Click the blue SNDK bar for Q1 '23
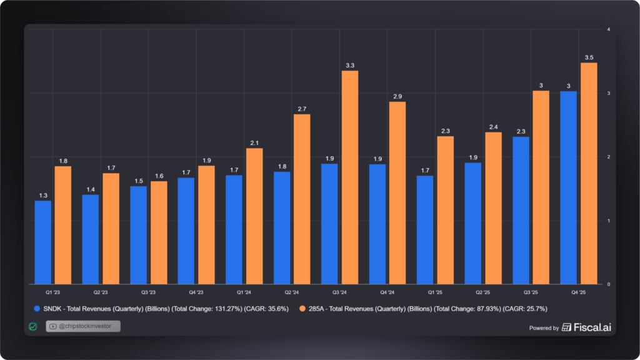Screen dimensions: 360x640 click(x=43, y=242)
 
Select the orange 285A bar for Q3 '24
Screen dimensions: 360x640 click(x=350, y=177)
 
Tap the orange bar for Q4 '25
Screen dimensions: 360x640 click(x=589, y=173)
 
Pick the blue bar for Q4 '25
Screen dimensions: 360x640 click(x=569, y=187)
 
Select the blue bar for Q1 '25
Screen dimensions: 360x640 click(x=425, y=229)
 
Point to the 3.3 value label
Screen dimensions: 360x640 click(x=350, y=65)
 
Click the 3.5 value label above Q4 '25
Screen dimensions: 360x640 click(x=589, y=57)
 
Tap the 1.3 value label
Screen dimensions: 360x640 click(x=43, y=196)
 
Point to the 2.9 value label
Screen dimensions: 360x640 click(x=397, y=96)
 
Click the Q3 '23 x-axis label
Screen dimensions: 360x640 click(x=148, y=292)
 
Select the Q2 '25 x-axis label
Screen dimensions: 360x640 click(x=482, y=292)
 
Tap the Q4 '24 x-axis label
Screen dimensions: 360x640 click(x=387, y=292)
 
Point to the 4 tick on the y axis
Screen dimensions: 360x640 click(x=608, y=29)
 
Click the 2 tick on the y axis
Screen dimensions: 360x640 click(x=608, y=157)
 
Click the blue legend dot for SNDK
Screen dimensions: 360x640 click(x=37, y=308)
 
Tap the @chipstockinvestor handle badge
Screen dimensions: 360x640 click(x=82, y=326)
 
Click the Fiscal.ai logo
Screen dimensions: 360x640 click(x=586, y=327)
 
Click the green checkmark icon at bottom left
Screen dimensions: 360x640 click(x=33, y=326)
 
